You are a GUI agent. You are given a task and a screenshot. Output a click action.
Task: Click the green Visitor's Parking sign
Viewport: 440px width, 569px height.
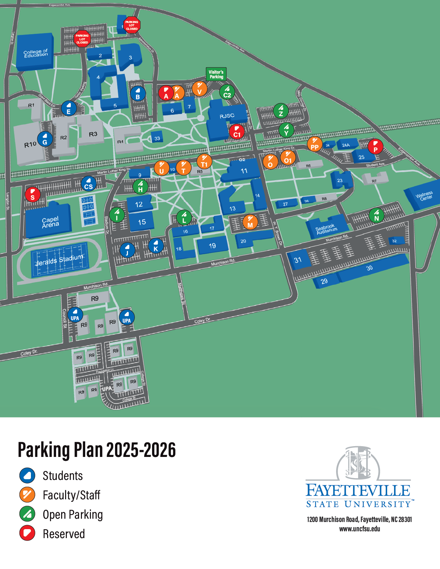(216, 74)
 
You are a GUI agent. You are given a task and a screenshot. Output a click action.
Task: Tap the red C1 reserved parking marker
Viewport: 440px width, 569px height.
(237, 131)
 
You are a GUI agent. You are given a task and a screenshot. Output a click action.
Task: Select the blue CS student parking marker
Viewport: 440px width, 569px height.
(88, 184)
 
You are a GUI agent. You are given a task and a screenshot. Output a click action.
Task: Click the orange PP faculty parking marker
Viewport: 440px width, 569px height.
(315, 144)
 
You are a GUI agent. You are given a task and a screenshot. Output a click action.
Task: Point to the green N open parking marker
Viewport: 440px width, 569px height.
(376, 215)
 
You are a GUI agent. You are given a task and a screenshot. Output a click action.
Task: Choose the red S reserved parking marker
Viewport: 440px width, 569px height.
(33, 194)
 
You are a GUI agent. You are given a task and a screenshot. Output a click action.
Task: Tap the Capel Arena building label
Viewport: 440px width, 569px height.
(50, 222)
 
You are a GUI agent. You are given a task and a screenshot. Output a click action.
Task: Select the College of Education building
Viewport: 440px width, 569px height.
(35, 53)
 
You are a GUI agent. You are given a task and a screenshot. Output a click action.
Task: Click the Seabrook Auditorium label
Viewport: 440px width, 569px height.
(326, 228)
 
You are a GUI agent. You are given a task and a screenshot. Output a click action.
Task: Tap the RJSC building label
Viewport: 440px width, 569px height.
(227, 116)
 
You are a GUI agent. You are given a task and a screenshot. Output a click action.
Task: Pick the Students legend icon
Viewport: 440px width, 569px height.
(27, 475)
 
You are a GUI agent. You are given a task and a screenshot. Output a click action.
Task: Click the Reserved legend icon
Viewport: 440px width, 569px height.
(27, 533)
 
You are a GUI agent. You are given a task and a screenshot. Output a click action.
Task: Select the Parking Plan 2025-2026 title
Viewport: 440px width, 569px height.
(97, 450)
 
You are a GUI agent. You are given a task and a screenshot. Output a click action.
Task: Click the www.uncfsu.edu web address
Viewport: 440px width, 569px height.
(359, 529)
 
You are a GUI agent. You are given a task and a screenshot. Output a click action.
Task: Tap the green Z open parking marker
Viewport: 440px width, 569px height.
(281, 111)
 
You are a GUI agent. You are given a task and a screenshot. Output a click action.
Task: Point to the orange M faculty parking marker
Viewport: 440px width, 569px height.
(250, 222)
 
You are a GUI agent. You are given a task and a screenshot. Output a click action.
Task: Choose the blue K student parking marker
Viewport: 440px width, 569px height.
(156, 246)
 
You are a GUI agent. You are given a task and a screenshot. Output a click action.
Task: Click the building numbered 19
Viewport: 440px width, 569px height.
(212, 246)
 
